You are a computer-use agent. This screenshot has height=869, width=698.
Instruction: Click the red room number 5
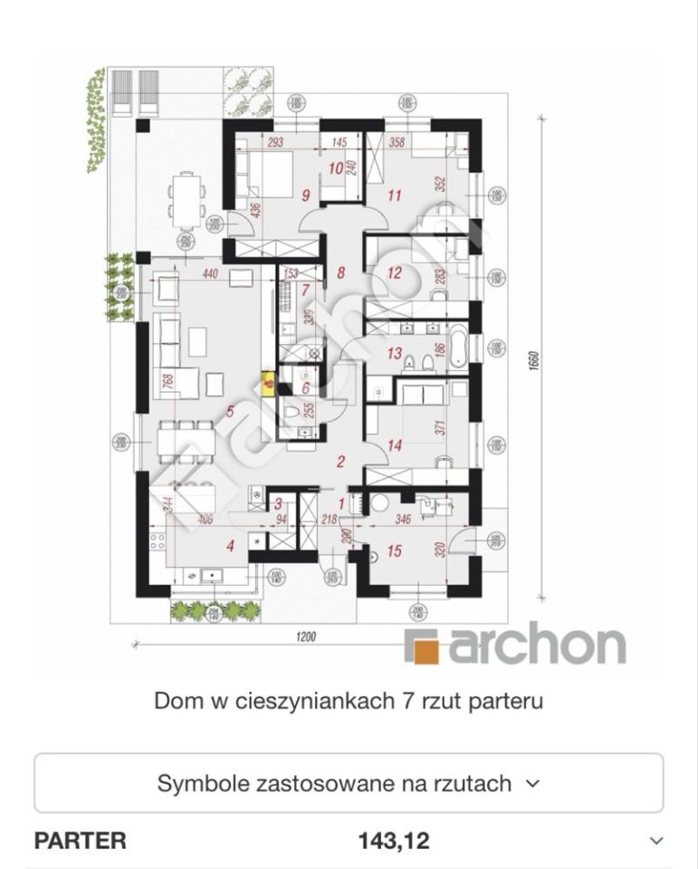(x=230, y=412)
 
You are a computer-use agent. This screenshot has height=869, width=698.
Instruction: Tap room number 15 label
(x=394, y=550)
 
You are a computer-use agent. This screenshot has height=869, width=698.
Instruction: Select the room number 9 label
(x=306, y=194)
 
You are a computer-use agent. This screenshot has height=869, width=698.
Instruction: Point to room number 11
(x=394, y=195)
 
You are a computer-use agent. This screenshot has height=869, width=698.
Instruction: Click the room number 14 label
(x=394, y=445)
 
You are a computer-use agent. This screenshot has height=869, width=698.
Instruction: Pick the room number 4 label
(x=230, y=545)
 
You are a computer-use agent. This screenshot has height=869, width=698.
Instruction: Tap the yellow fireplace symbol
(x=269, y=383)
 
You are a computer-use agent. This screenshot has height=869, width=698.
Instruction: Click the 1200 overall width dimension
(x=304, y=637)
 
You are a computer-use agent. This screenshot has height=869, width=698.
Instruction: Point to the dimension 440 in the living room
(x=210, y=273)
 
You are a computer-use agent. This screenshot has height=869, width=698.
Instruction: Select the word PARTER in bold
(x=80, y=841)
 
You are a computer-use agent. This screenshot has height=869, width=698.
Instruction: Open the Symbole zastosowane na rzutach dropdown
(x=349, y=783)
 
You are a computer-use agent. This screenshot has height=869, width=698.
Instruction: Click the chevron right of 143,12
(x=657, y=841)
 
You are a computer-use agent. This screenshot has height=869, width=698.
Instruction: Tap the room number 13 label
(x=394, y=354)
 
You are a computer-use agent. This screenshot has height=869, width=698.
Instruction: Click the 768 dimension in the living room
(x=167, y=381)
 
